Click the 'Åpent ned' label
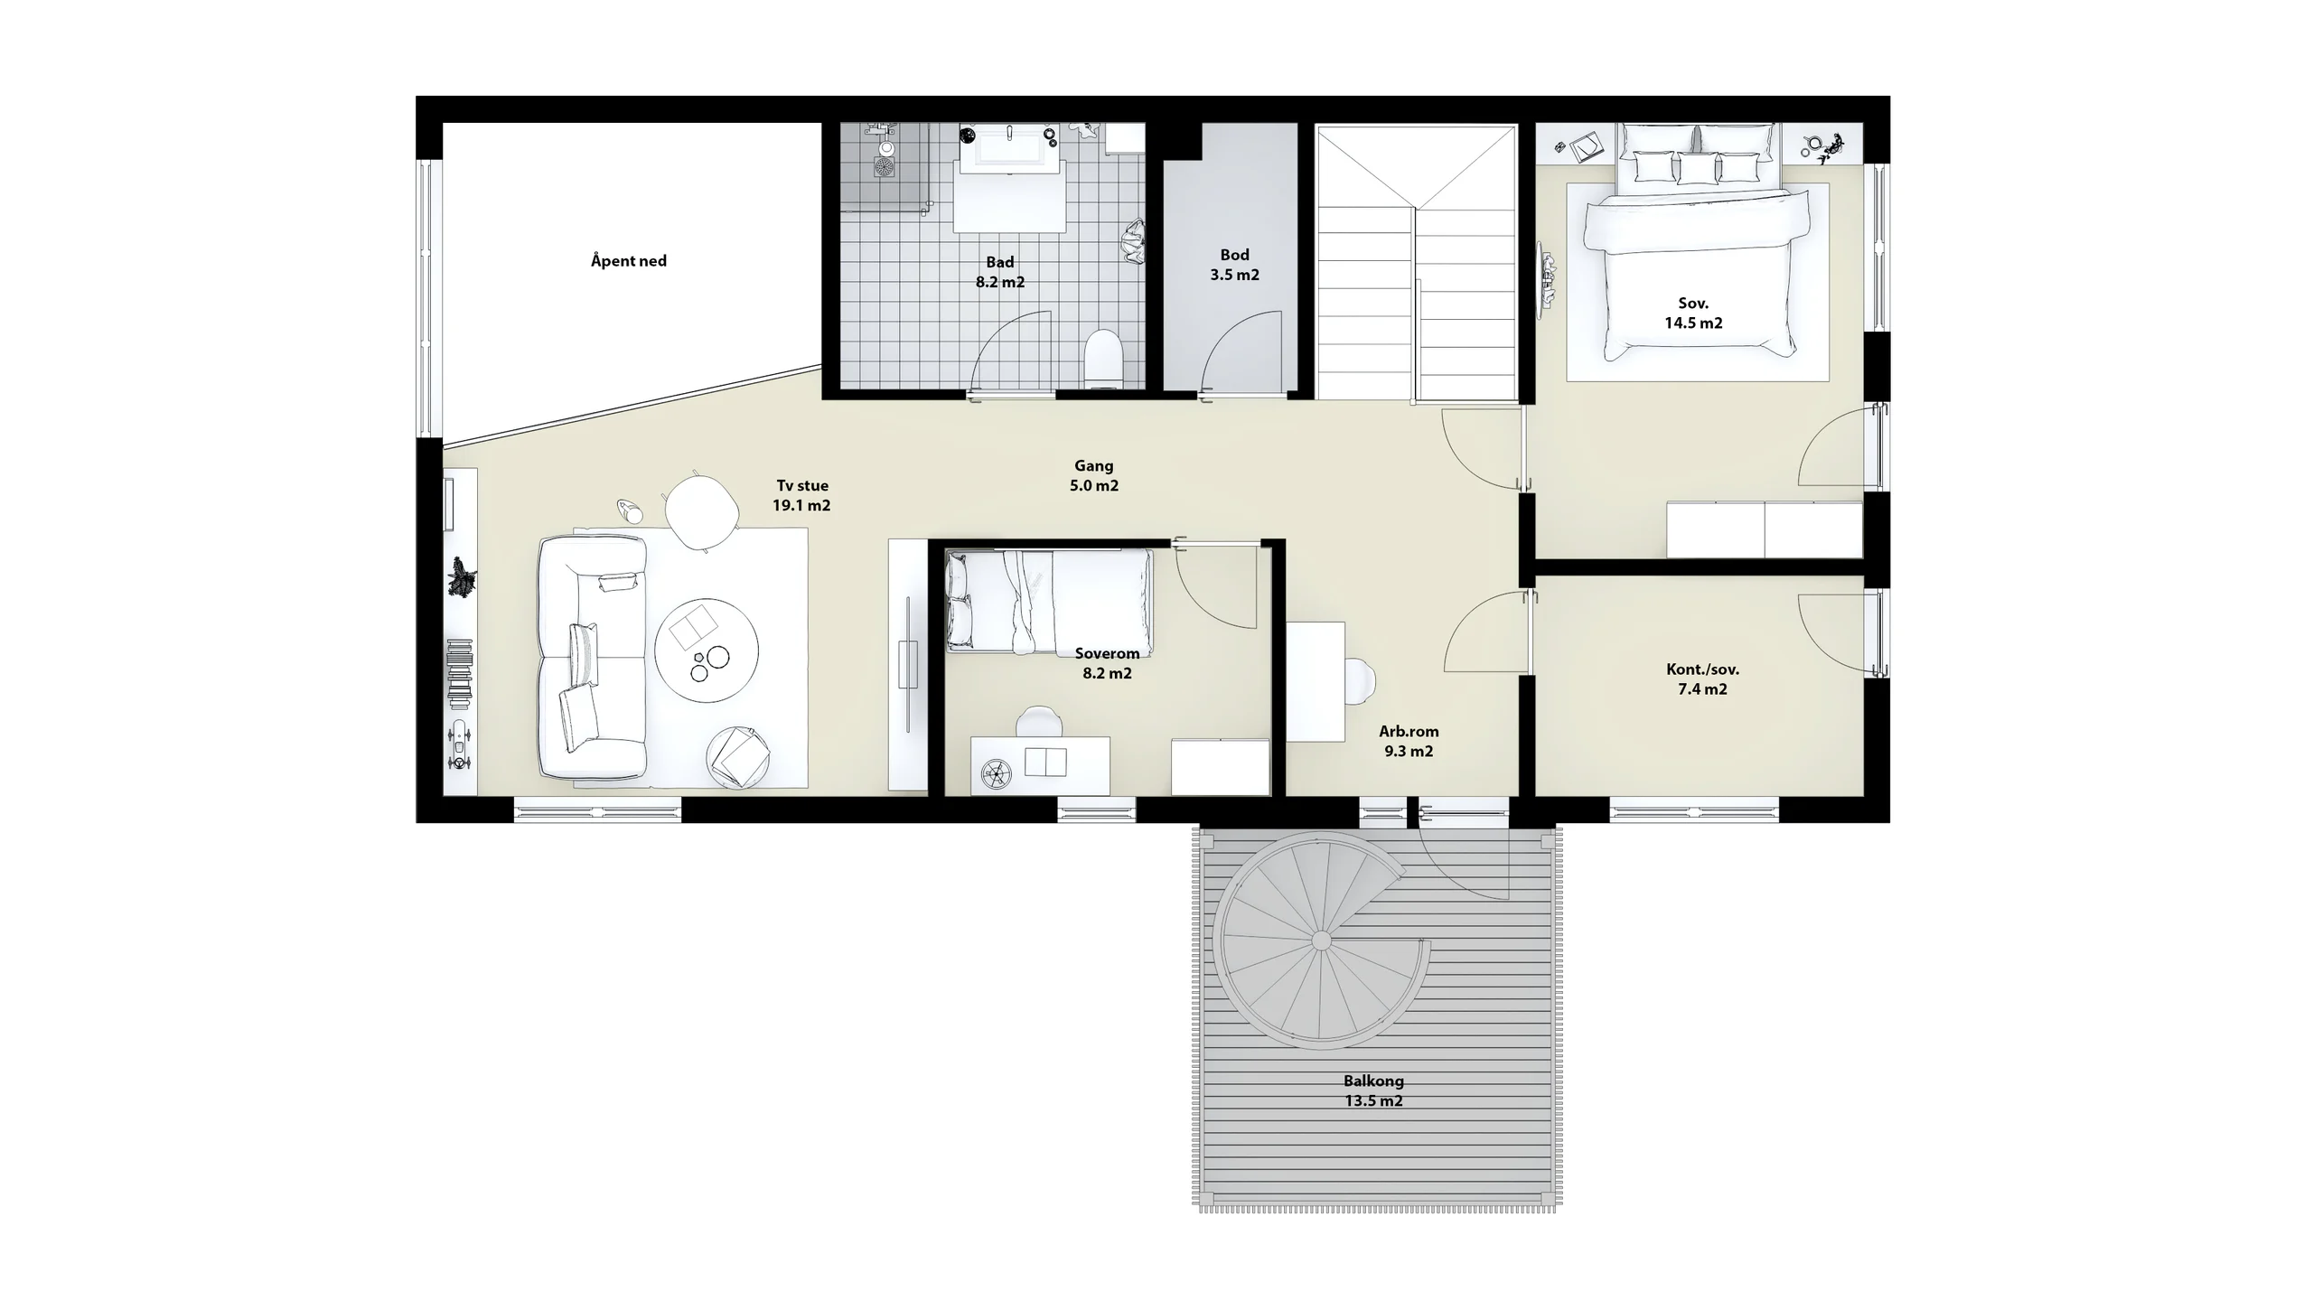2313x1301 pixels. pyautogui.click(x=629, y=261)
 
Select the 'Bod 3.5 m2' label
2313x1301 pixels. pyautogui.click(x=1234, y=265)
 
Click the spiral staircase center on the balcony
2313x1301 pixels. pyautogui.click(x=1320, y=941)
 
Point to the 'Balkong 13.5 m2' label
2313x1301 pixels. pyautogui.click(x=1373, y=1090)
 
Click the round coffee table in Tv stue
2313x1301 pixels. pyautogui.click(x=707, y=650)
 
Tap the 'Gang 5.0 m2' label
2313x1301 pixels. pyautogui.click(x=1094, y=475)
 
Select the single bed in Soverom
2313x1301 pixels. pyautogui.click(x=1049, y=601)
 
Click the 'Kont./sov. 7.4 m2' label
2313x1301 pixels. pyautogui.click(x=1702, y=679)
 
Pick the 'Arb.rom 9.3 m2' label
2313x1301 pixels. pyautogui.click(x=1409, y=741)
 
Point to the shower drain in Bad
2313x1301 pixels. pyautogui.click(x=884, y=167)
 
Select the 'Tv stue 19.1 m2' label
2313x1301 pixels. pyautogui.click(x=801, y=495)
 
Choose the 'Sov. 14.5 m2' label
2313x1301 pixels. pyautogui.click(x=1693, y=313)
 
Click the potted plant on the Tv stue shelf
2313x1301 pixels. pyautogui.click(x=462, y=577)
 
